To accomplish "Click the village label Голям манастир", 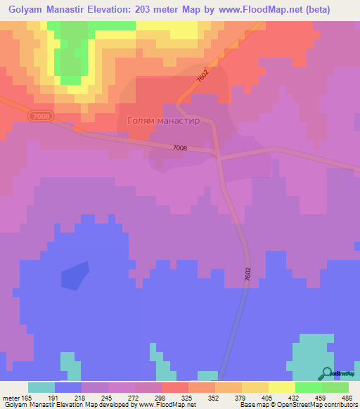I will point(163,120).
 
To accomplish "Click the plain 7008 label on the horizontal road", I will point(180,148).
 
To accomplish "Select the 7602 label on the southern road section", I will point(248,275).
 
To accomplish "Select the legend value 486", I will point(335,397).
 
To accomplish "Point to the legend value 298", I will point(169,397).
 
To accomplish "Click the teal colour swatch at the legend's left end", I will point(41,387).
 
